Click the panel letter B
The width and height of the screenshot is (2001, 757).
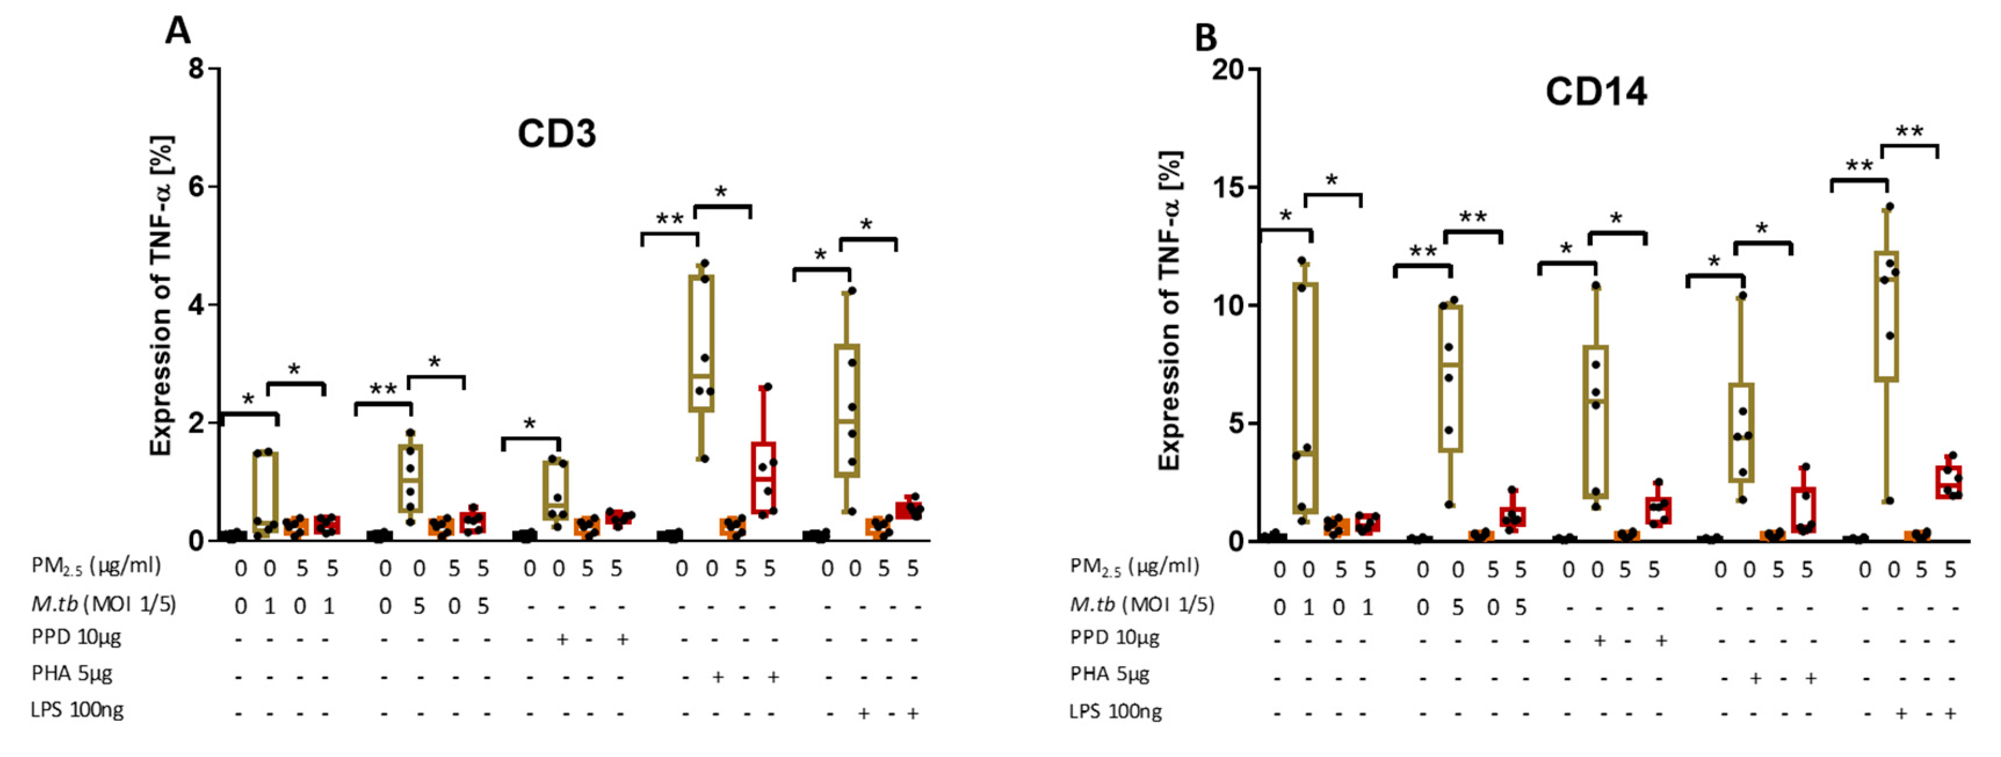click(x=1206, y=37)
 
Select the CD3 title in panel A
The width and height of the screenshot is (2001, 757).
click(x=556, y=133)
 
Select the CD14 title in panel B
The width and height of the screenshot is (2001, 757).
click(x=1595, y=92)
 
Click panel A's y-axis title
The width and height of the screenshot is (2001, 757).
click(x=161, y=295)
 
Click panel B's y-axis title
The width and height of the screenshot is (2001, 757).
click(x=1170, y=310)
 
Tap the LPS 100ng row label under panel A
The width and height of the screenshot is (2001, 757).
click(x=77, y=709)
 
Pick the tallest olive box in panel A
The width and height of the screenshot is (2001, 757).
click(x=701, y=343)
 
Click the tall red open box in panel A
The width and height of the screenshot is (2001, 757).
click(x=764, y=477)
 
